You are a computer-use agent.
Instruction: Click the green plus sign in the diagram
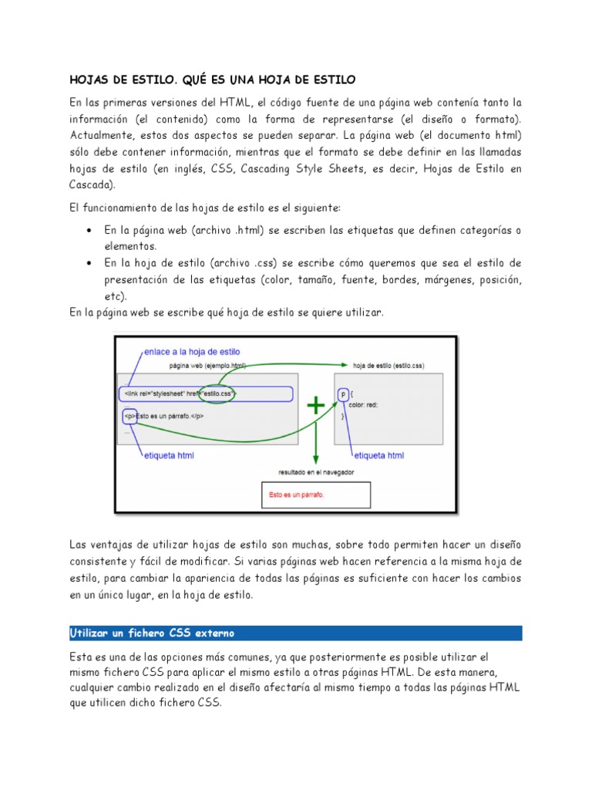click(x=316, y=406)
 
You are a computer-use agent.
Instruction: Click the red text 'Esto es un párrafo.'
click(x=297, y=494)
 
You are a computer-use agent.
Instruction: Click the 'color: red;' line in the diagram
click(x=362, y=404)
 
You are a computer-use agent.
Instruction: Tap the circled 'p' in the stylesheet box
click(x=343, y=394)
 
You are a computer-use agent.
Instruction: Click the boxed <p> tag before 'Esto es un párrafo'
click(x=129, y=416)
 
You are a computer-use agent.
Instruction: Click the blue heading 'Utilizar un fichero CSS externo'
click(x=152, y=633)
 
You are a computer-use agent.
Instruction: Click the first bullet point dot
click(x=90, y=231)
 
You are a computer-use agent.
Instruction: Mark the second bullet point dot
click(x=90, y=263)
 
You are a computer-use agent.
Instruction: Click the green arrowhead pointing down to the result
click(x=316, y=461)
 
